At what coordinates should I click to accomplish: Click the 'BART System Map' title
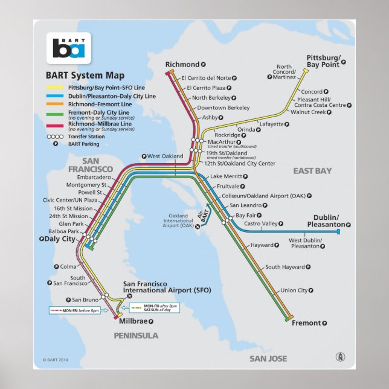click(85, 76)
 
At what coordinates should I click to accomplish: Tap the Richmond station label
click(182, 65)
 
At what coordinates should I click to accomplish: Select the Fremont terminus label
click(307, 323)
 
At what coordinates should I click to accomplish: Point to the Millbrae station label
click(135, 321)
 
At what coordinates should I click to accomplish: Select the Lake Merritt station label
click(226, 176)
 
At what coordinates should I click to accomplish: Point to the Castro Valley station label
click(261, 223)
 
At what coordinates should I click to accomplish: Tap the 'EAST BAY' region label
click(312, 171)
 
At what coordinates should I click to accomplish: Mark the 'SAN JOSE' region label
click(268, 359)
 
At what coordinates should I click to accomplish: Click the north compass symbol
click(340, 357)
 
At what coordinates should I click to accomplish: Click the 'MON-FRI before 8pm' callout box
click(74, 310)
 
